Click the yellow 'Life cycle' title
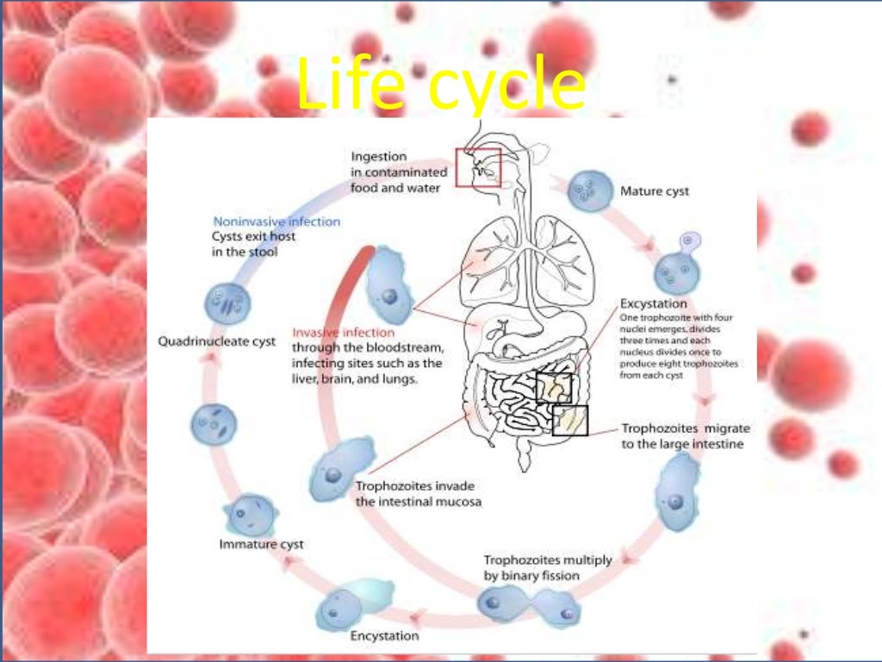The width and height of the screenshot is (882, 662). [440, 86]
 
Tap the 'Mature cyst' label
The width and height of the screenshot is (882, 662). [655, 191]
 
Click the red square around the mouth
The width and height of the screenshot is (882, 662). [478, 167]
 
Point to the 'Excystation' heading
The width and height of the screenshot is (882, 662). [654, 303]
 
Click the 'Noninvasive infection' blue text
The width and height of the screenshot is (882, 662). [276, 222]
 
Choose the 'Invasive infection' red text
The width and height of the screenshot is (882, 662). [344, 333]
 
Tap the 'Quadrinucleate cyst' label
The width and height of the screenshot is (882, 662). [217, 341]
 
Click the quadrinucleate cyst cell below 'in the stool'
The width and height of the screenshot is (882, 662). [227, 304]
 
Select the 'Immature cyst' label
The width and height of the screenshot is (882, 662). [261, 545]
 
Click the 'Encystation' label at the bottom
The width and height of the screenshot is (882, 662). [384, 636]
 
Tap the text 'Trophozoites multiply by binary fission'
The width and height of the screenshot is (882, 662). [547, 567]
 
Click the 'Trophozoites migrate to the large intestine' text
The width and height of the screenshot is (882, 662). [686, 436]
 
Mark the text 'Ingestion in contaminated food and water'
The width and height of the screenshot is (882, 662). [399, 171]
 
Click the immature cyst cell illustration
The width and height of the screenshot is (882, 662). [249, 515]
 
